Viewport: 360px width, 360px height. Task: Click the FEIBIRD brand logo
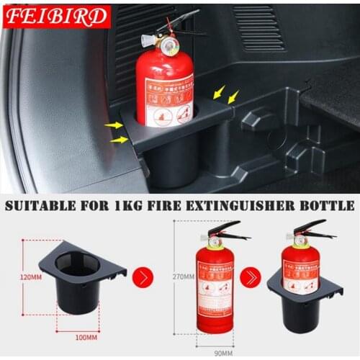pos(56,16)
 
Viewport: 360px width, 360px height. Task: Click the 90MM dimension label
pos(223,353)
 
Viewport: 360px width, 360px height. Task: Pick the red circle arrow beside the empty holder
pos(143,276)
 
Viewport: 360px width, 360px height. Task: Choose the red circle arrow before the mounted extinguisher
pos(251,276)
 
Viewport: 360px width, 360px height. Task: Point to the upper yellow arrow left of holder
pos(113,125)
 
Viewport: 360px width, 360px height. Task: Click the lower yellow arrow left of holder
pos(117,139)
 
